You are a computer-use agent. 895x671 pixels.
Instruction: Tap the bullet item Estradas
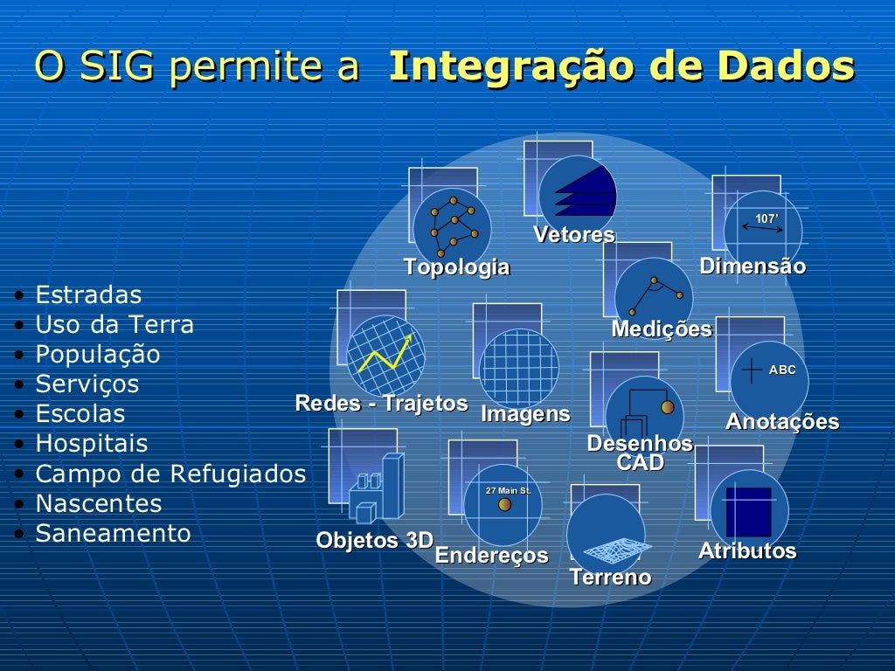[x=88, y=295]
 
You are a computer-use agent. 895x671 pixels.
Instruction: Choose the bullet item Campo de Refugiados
[x=170, y=474]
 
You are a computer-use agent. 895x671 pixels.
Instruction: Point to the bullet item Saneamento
[x=113, y=533]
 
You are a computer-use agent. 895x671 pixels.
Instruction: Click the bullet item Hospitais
[x=92, y=444]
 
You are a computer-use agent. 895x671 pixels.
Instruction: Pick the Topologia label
[x=456, y=267]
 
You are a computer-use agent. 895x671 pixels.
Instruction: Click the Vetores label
[x=574, y=235]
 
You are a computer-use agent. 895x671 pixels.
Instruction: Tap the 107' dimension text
[x=767, y=218]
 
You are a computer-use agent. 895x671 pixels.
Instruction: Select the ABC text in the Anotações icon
[x=782, y=370]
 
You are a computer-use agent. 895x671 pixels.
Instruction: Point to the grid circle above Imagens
[x=519, y=367]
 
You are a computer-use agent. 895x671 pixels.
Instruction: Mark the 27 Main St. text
[x=509, y=491]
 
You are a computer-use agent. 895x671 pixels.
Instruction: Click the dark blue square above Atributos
[x=749, y=511]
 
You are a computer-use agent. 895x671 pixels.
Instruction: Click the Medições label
[x=662, y=329]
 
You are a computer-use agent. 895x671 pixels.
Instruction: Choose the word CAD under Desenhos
[x=640, y=463]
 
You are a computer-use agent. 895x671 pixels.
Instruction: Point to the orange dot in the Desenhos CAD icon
[x=668, y=407]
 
